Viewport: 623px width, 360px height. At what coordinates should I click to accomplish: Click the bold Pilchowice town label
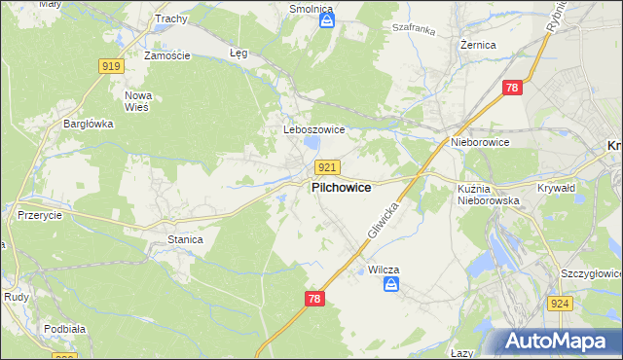(340, 189)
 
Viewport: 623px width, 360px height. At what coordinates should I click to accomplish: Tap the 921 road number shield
(327, 167)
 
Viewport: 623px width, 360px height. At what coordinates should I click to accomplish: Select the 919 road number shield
(110, 66)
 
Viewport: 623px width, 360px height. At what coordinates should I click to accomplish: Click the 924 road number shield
(585, 303)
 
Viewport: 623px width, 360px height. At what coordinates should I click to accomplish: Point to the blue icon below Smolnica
(327, 18)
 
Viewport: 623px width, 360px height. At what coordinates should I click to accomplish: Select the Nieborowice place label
(480, 142)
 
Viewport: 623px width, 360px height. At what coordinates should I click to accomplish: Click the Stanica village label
(185, 239)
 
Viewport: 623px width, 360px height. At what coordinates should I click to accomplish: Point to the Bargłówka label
(89, 124)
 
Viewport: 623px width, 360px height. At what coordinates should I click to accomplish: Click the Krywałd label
(557, 188)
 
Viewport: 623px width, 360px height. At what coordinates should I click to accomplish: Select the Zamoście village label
(166, 55)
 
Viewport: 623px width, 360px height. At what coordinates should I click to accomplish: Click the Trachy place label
(169, 18)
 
